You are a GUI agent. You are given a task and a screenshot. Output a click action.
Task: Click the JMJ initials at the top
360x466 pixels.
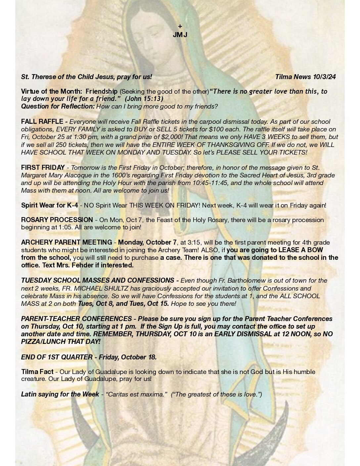(x=180, y=35)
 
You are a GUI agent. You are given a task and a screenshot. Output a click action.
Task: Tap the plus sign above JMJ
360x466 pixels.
(x=180, y=26)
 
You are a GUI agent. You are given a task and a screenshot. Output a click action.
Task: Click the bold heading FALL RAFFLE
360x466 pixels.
(x=42, y=122)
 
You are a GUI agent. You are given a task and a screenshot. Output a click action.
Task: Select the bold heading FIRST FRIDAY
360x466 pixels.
(x=43, y=167)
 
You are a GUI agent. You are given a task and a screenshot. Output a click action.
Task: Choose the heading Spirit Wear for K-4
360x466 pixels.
(x=50, y=205)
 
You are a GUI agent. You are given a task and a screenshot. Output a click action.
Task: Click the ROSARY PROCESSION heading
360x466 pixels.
(x=57, y=220)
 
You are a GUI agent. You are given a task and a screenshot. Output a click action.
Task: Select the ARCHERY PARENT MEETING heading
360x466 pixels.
(x=67, y=243)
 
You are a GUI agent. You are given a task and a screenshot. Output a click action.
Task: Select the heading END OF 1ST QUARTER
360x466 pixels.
(x=57, y=357)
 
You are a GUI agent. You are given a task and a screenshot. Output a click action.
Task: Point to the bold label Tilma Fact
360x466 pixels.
(x=37, y=372)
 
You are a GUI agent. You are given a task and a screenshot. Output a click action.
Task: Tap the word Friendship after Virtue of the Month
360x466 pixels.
(x=102, y=91)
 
